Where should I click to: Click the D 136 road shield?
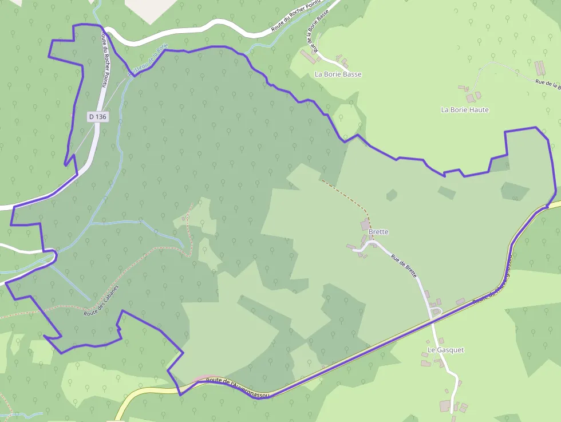(x=98, y=116)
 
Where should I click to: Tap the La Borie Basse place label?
(x=338, y=74)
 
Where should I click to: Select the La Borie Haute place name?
(x=465, y=109)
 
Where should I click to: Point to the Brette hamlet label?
(x=378, y=232)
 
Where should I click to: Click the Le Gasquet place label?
(x=445, y=349)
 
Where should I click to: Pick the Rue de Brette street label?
(x=404, y=266)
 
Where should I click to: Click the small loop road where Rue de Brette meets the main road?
(x=436, y=312)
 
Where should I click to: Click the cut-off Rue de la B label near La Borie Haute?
(x=547, y=84)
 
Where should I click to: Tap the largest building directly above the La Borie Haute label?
(x=470, y=98)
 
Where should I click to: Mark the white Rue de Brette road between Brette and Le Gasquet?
(x=422, y=286)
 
